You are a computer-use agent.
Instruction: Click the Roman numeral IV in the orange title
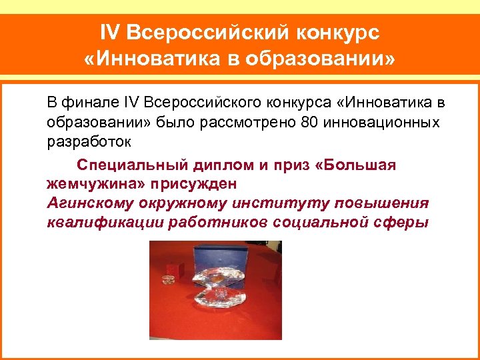tap(111, 32)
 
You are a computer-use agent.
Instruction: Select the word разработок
tap(89, 143)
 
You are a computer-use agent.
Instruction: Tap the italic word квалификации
tap(95, 222)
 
